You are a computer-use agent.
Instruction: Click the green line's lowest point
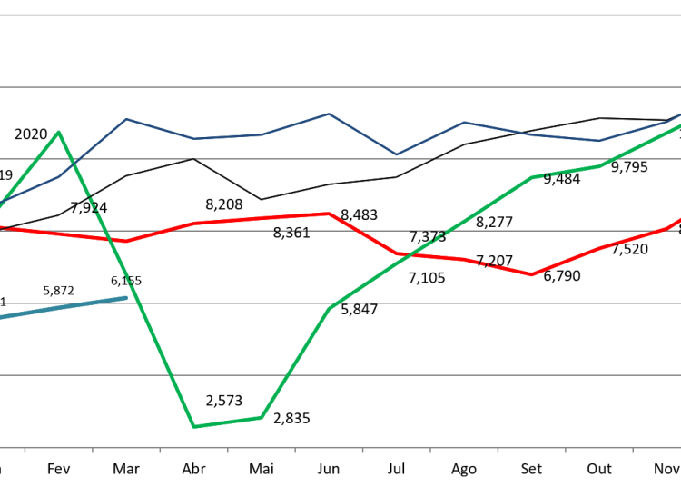[193, 426]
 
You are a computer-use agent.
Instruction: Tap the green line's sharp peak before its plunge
[59, 133]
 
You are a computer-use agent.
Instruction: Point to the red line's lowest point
[532, 274]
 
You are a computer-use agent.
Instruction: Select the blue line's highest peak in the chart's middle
[329, 114]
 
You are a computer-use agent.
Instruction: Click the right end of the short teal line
[126, 297]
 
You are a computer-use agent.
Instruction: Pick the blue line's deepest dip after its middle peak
[396, 154]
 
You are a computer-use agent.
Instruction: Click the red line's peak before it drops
[329, 214]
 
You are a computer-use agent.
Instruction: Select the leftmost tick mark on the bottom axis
[25, 450]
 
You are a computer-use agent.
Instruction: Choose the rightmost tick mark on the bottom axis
[633, 450]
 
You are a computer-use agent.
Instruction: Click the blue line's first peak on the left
[126, 119]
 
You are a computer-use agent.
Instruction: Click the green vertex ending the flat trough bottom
[262, 417]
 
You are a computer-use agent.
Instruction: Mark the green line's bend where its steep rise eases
[329, 309]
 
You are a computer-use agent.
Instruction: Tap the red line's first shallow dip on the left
[126, 241]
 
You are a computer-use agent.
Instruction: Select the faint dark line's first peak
[193, 158]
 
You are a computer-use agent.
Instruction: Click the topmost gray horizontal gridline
[340, 15]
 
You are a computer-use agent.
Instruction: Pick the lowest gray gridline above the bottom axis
[340, 374]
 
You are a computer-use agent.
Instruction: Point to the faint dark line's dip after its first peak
[262, 199]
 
